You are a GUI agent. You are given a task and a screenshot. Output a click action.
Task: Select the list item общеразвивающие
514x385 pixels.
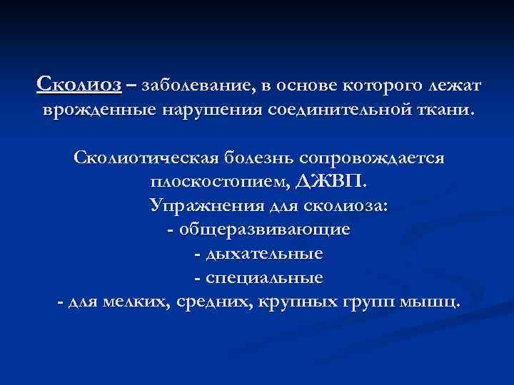tap(263, 230)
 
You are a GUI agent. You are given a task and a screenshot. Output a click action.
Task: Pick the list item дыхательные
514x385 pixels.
tap(263, 254)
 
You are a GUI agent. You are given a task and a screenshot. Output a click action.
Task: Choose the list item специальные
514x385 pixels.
tap(263, 277)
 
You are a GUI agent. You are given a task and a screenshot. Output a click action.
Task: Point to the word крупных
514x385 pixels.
tap(294, 302)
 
